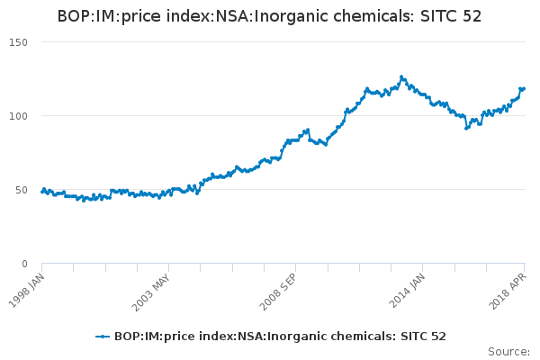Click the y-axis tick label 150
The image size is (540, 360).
18,42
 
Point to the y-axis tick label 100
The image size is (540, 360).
18,116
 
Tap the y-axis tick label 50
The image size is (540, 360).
21,190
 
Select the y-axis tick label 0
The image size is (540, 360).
24,264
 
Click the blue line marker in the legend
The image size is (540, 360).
103,337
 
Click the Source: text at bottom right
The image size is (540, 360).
508,352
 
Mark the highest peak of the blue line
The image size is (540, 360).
401,77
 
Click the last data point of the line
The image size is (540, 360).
524,88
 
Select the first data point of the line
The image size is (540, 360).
42,192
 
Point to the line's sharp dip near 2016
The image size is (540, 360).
466,128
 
